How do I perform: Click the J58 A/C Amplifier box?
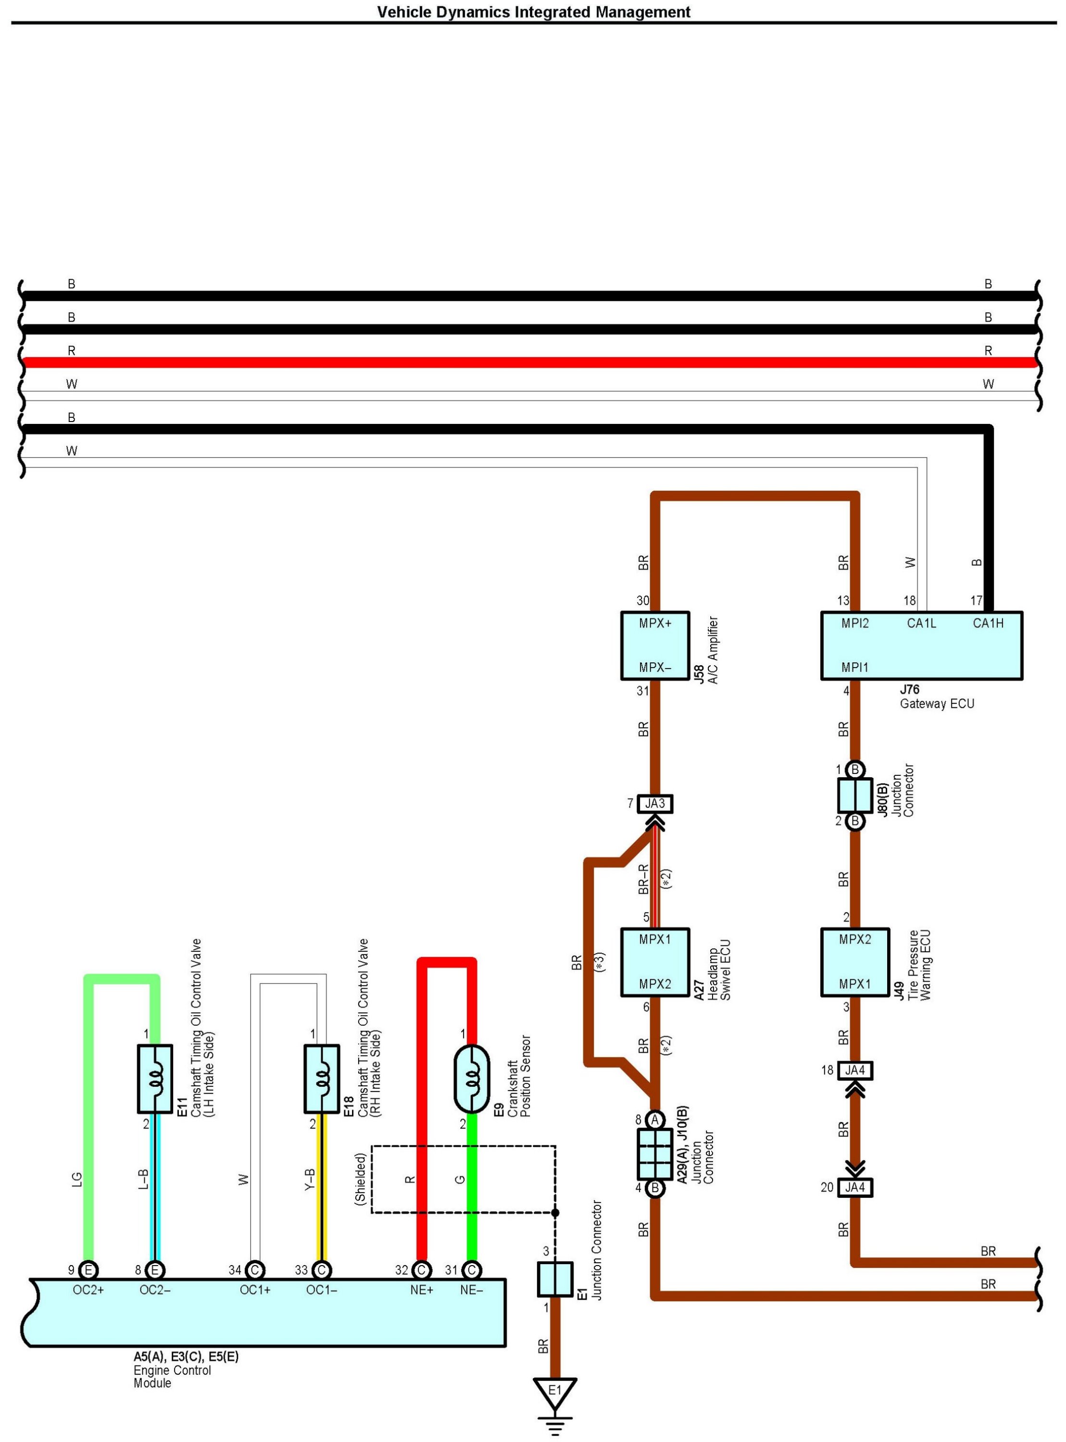pyautogui.click(x=655, y=646)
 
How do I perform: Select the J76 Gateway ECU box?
pyautogui.click(x=921, y=646)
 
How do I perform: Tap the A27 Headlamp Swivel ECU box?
pyautogui.click(x=655, y=962)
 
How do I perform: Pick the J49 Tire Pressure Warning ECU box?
pyautogui.click(x=855, y=962)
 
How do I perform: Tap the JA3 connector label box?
pyautogui.click(x=655, y=804)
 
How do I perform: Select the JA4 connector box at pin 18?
pyautogui.click(x=855, y=1070)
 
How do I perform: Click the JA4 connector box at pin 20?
pyautogui.click(x=855, y=1187)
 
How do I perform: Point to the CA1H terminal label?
pyautogui.click(x=988, y=623)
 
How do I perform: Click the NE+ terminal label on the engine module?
pyautogui.click(x=421, y=1290)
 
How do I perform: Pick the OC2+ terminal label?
pyautogui.click(x=88, y=1290)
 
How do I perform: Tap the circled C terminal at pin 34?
pyautogui.click(x=255, y=1270)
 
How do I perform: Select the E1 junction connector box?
pyautogui.click(x=555, y=1279)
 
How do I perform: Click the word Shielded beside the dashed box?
pyautogui.click(x=361, y=1178)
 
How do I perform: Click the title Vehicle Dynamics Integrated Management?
pyautogui.click(x=534, y=12)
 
